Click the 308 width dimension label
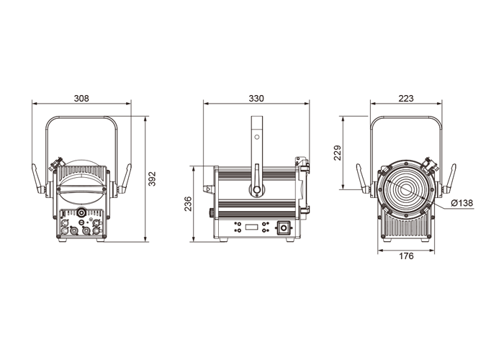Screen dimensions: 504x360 point(81,98)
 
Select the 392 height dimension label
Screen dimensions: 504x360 point(152,179)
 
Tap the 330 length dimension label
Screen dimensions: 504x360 point(256,98)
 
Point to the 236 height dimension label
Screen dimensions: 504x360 point(188,204)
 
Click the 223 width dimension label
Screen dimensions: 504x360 point(406,98)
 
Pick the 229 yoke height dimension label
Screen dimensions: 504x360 point(337,153)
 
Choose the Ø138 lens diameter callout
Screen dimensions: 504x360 point(462,203)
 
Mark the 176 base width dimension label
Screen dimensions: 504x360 point(406,256)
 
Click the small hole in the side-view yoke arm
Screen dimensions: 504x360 point(257,138)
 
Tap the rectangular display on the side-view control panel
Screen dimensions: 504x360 point(252,228)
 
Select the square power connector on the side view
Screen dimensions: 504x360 point(283,228)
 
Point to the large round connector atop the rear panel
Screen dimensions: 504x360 point(81,212)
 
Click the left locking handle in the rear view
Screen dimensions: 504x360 point(38,179)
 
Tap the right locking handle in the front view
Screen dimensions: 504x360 point(449,179)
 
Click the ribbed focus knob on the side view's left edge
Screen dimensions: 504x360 point(212,213)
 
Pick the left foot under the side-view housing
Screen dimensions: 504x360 point(223,240)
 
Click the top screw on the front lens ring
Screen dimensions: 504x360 point(406,163)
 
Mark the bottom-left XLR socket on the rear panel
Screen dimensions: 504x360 point(64,230)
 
